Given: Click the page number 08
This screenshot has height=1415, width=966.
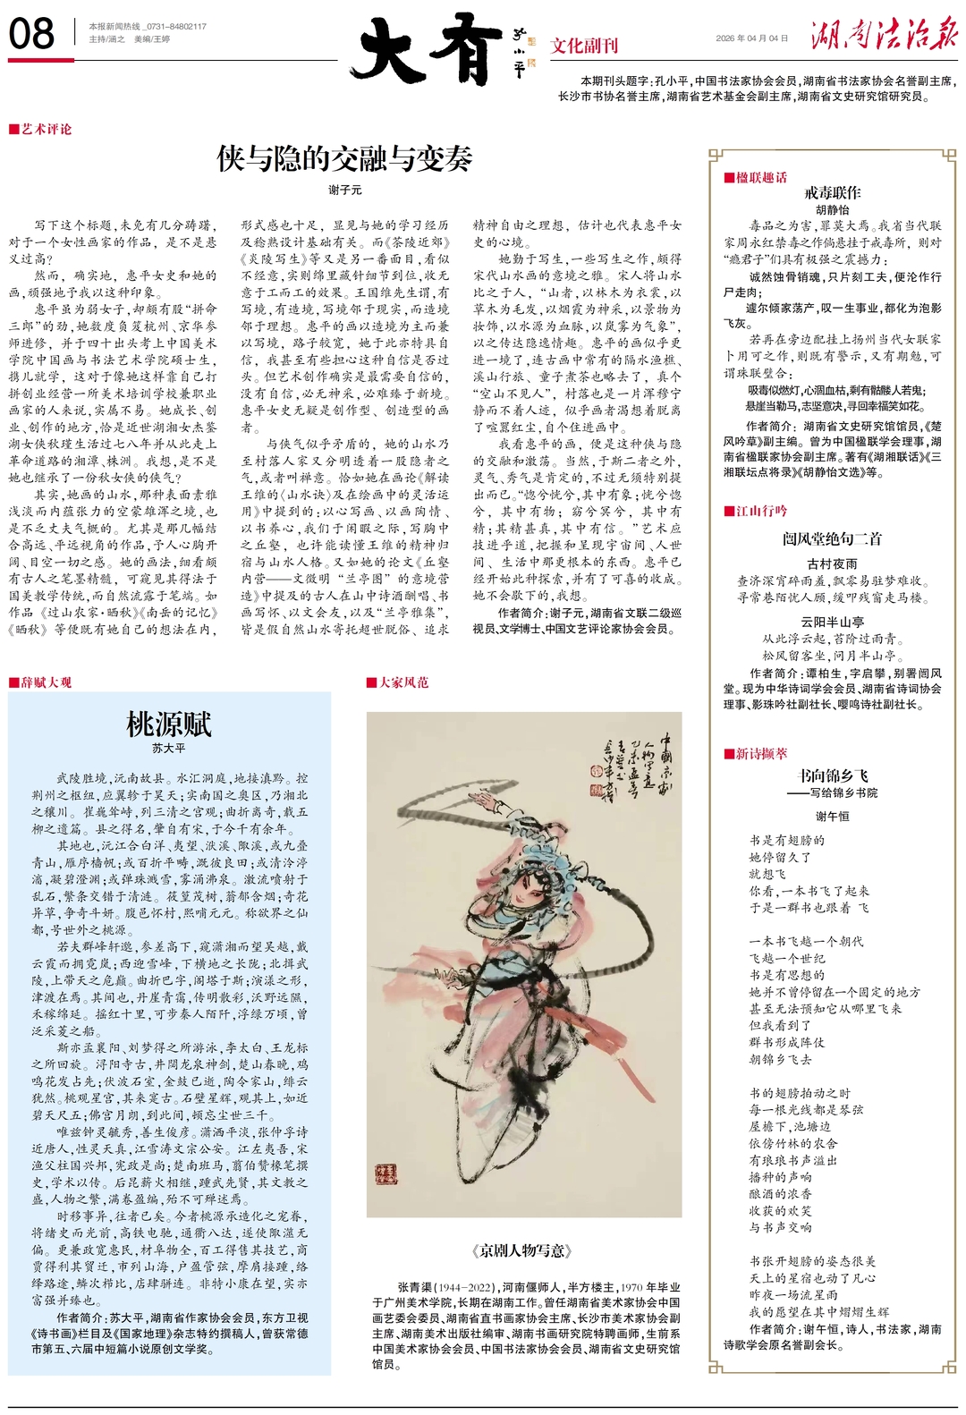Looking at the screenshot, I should pos(31,34).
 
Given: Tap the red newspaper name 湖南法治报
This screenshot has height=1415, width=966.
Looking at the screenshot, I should pos(884,36).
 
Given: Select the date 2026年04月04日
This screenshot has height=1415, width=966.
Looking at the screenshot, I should pos(752,38).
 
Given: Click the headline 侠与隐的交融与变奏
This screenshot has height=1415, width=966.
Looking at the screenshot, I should pos(344,158).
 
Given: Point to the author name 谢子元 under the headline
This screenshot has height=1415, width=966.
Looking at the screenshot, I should pos(344,191).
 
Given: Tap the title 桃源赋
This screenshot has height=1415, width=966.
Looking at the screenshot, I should pos(168,724).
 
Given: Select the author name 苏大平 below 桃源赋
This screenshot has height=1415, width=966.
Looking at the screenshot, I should pos(168,748).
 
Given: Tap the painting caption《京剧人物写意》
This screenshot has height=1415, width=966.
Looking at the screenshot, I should pos(523,1250).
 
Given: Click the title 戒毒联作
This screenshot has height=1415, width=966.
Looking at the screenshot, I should pos(832,192).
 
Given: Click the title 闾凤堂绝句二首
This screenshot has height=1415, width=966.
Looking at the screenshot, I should pos(832,538).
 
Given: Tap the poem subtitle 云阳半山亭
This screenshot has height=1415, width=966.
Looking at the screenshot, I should pos(832,622).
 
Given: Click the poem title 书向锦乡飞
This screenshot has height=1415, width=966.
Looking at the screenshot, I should pos(832,775).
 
